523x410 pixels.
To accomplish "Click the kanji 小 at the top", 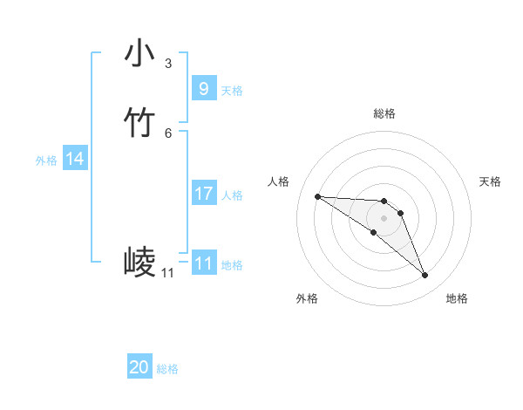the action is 139,54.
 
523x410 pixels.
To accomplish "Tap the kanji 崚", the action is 139,262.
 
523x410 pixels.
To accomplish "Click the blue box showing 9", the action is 203,88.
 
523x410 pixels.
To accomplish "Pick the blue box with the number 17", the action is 203,194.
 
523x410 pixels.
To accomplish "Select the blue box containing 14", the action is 75,159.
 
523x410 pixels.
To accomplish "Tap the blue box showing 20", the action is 139,367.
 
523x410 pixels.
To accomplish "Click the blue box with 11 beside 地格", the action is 203,263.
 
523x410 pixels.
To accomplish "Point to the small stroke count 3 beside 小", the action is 168,64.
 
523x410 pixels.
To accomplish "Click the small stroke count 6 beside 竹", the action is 168,133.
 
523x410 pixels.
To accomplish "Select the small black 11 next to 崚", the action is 167,273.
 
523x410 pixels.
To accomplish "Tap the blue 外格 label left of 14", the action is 46,161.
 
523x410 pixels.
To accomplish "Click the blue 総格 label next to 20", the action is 167,369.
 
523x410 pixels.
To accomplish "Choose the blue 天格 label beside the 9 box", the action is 232,91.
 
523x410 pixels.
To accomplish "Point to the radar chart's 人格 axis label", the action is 279,181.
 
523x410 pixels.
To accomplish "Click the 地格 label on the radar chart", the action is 457,298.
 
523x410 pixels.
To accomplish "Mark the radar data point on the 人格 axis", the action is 317,196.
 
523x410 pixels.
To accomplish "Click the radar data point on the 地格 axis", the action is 425,276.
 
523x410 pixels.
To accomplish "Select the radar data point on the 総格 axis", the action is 384,197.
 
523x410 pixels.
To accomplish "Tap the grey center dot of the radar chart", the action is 384,217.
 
